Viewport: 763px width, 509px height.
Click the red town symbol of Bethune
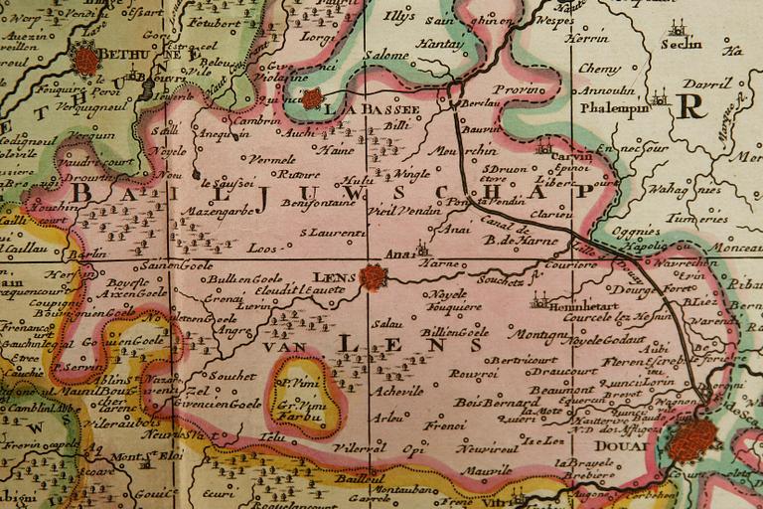[86, 61]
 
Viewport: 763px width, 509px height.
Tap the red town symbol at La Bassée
[312, 98]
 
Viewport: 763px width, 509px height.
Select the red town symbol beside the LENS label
[374, 277]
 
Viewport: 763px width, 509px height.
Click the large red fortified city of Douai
[693, 439]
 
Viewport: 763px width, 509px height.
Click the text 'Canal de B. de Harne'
[508, 232]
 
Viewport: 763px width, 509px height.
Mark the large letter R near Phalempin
[687, 105]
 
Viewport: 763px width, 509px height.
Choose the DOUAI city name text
[624, 446]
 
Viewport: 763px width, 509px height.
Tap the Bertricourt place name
[522, 356]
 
